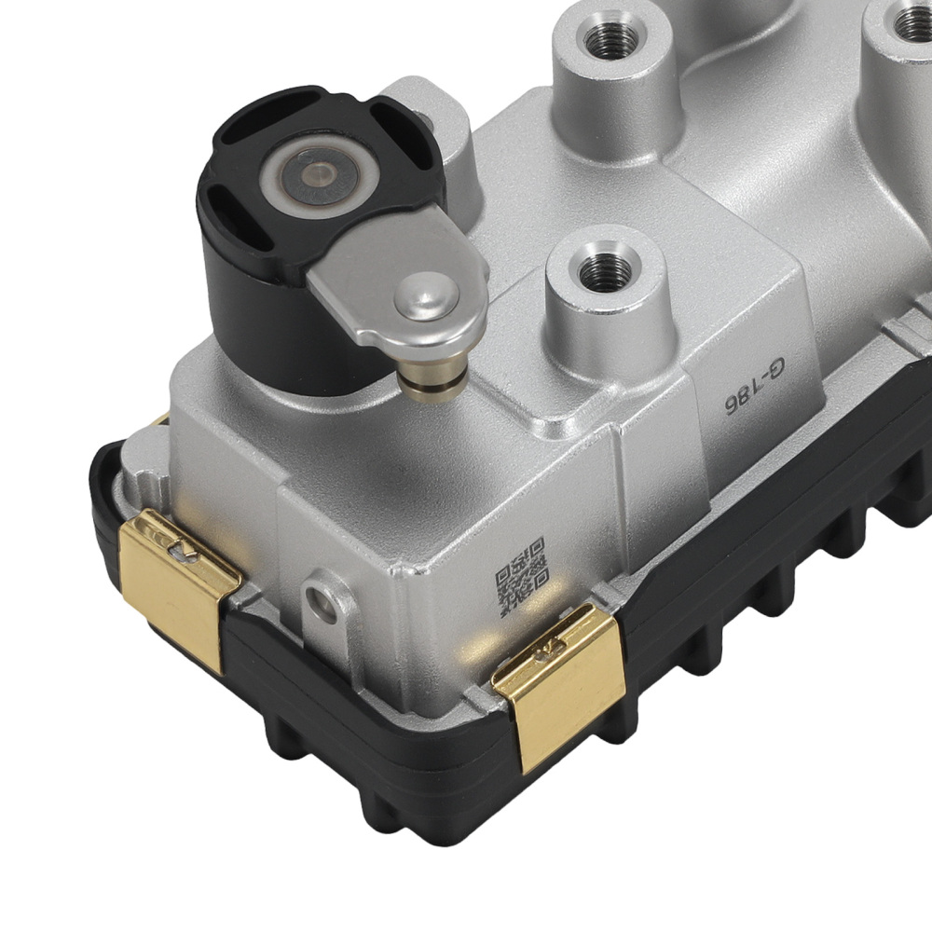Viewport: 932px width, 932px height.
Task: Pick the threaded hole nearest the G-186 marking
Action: (x=605, y=271)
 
